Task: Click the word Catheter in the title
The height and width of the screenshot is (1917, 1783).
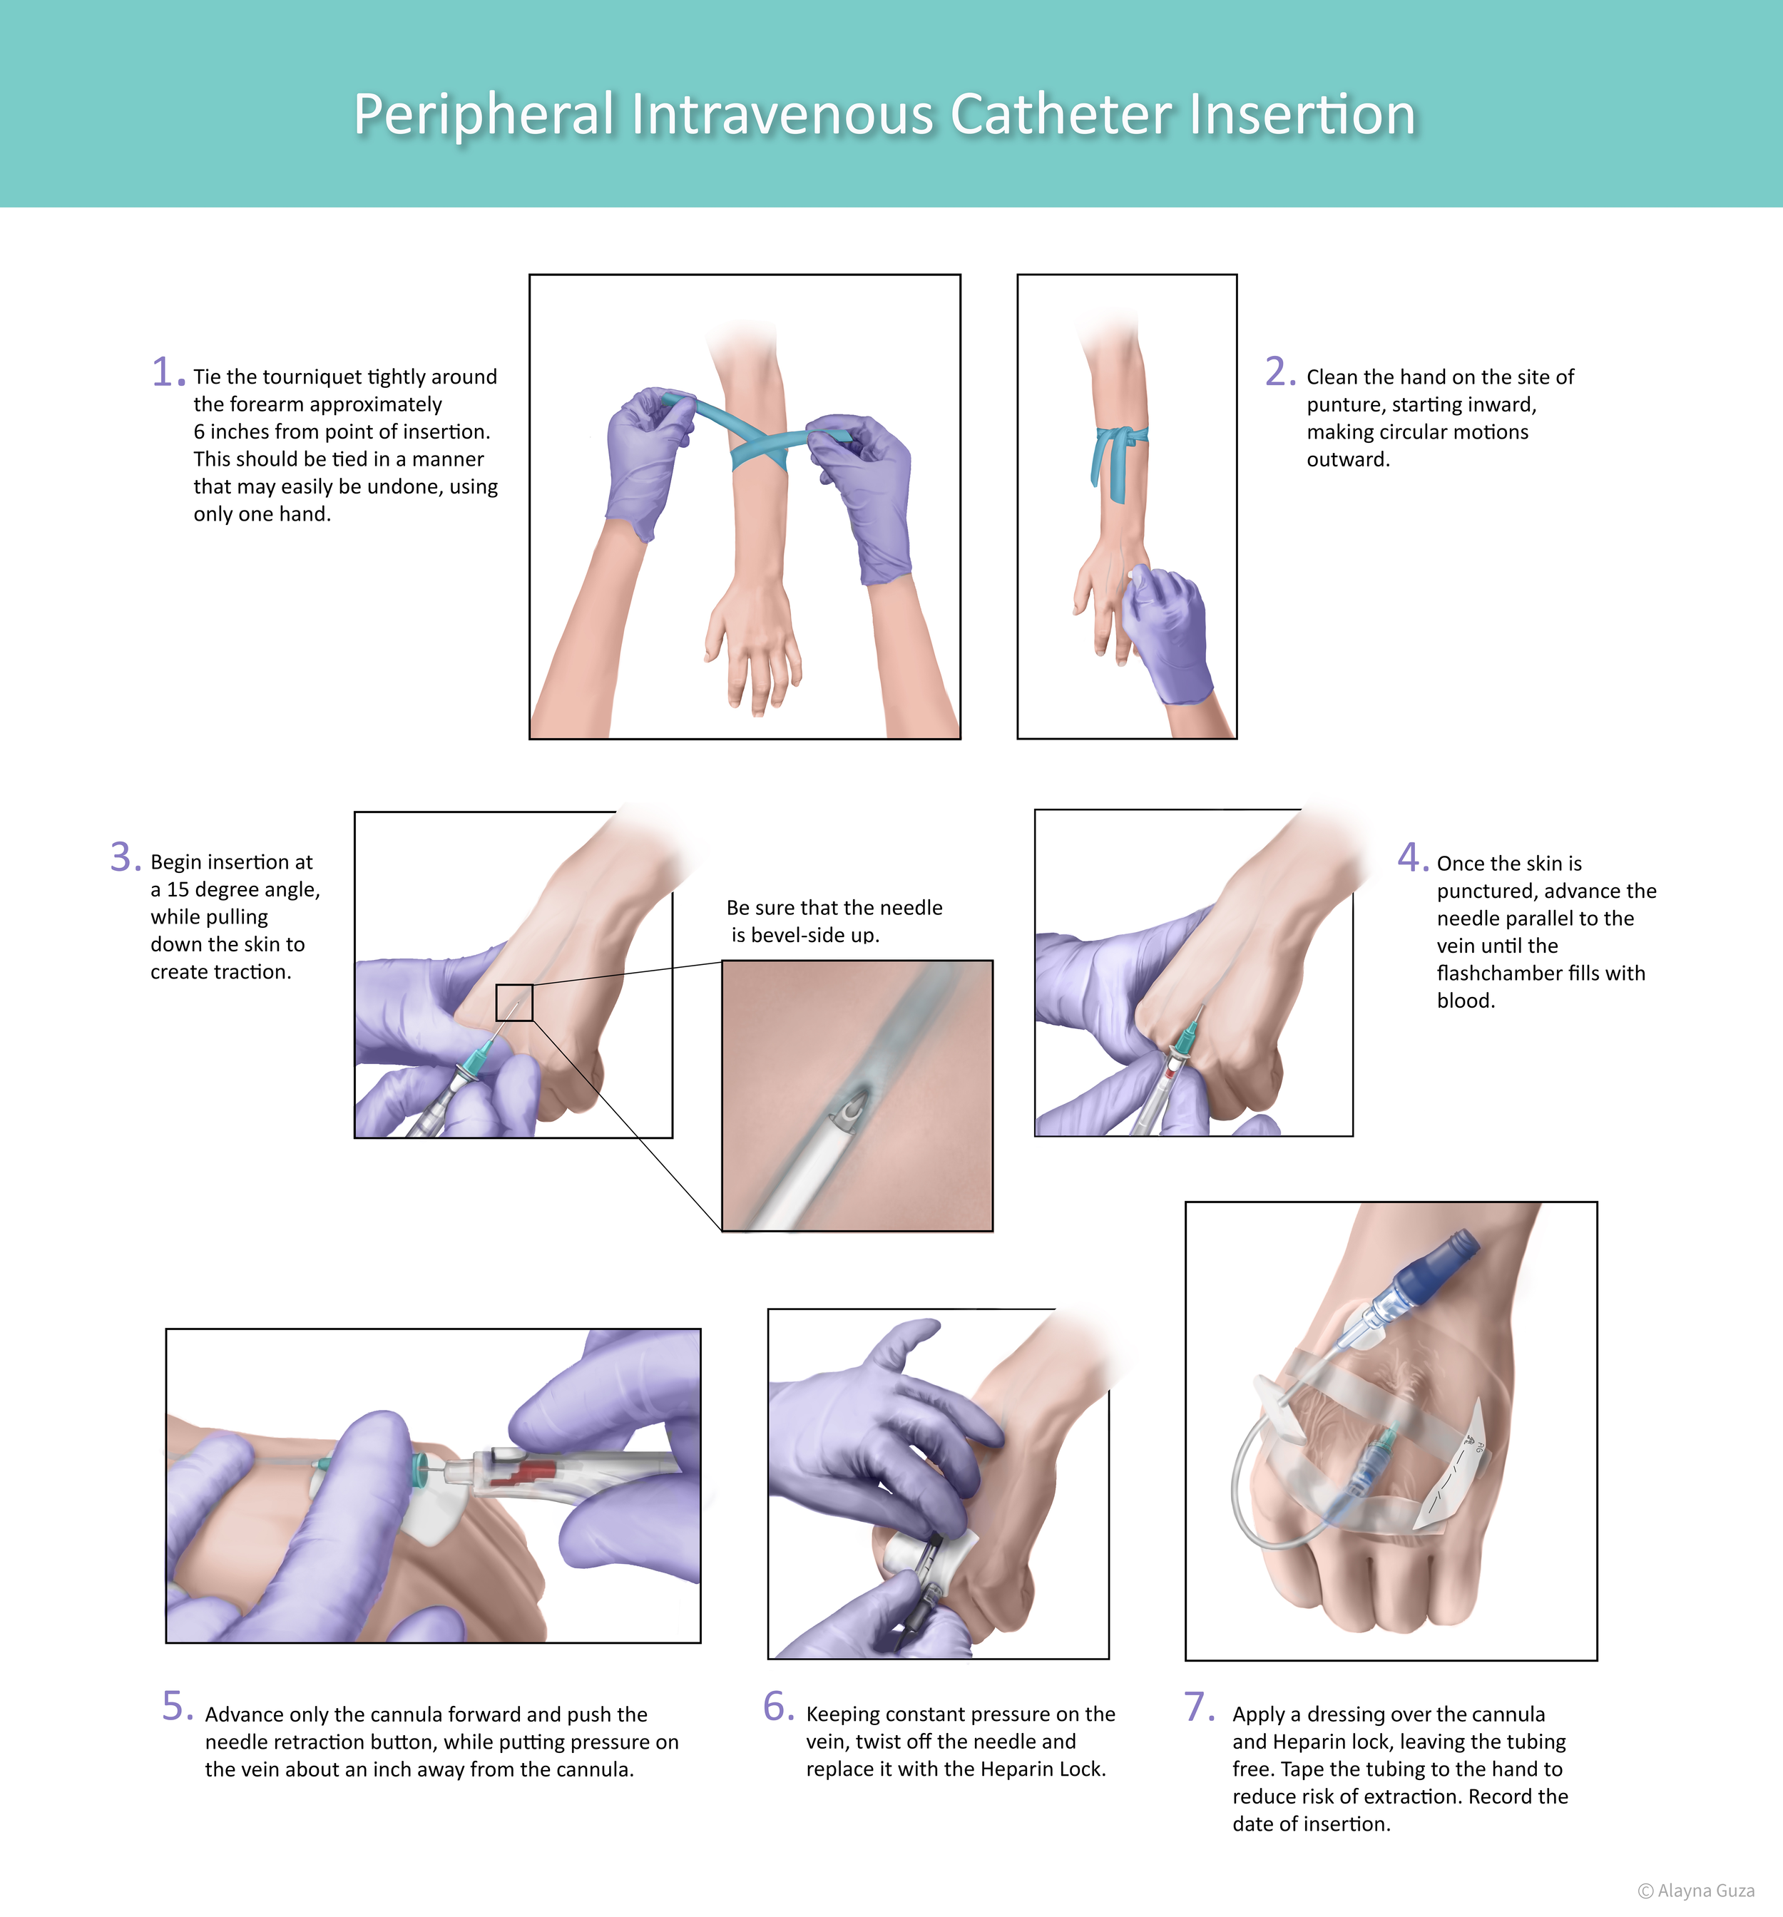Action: pyautogui.click(x=1060, y=115)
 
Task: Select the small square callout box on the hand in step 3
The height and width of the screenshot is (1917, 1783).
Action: pyautogui.click(x=514, y=1002)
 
